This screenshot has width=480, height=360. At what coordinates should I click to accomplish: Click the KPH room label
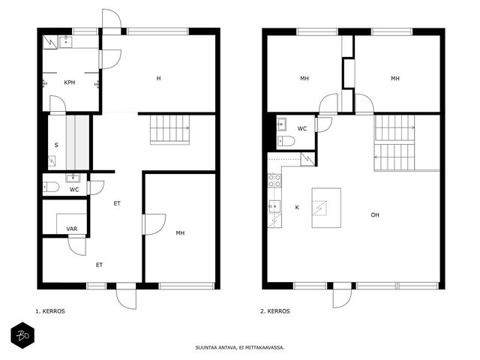tap(70, 82)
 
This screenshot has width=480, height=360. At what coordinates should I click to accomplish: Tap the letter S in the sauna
tap(56, 145)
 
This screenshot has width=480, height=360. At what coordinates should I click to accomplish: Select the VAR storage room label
tap(72, 229)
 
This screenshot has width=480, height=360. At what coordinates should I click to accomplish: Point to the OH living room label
tap(375, 215)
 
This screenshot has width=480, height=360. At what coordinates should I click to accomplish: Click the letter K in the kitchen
tap(297, 208)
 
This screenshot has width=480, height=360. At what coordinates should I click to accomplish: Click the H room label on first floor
tap(158, 78)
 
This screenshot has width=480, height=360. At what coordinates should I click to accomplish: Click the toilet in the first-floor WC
tap(51, 187)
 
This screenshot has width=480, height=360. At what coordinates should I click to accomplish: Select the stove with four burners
tap(274, 180)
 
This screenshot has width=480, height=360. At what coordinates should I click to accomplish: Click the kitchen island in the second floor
tap(326, 208)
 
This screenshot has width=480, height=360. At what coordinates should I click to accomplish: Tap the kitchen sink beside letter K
tap(274, 207)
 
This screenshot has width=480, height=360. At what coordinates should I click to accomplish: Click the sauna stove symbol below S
tap(52, 160)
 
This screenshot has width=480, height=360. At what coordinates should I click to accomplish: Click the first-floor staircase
tap(170, 130)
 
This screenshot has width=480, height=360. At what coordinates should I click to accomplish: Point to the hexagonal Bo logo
tap(22, 335)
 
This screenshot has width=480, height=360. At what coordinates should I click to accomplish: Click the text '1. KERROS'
tap(50, 311)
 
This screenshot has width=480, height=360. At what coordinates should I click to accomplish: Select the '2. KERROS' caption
tap(275, 311)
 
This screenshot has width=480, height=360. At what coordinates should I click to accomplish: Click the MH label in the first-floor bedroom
tap(180, 233)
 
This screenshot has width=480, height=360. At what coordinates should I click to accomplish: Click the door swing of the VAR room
tap(76, 247)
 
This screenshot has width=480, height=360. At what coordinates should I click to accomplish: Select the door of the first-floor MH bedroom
tap(154, 224)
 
